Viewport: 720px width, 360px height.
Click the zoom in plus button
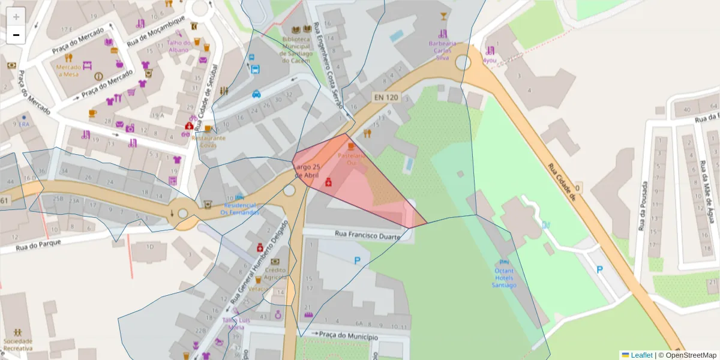[x=16, y=17]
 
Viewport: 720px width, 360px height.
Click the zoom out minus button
[x=16, y=35]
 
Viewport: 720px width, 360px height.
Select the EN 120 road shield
[x=386, y=97]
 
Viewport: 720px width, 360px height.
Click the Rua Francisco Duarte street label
[x=367, y=236]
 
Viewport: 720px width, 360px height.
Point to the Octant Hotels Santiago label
[x=504, y=278]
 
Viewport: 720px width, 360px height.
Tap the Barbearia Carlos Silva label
[x=442, y=50]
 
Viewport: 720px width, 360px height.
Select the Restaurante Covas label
[x=208, y=142]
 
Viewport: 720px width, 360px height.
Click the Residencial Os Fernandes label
[x=239, y=208]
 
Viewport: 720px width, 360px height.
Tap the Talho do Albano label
[x=178, y=46]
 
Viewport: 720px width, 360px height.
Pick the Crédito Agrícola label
[x=275, y=274]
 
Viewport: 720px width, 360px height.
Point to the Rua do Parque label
[x=31, y=246]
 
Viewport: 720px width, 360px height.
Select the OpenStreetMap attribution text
[x=690, y=355]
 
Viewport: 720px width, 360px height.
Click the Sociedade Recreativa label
[x=18, y=344]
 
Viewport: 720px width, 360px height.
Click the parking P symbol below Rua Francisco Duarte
[x=358, y=261]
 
